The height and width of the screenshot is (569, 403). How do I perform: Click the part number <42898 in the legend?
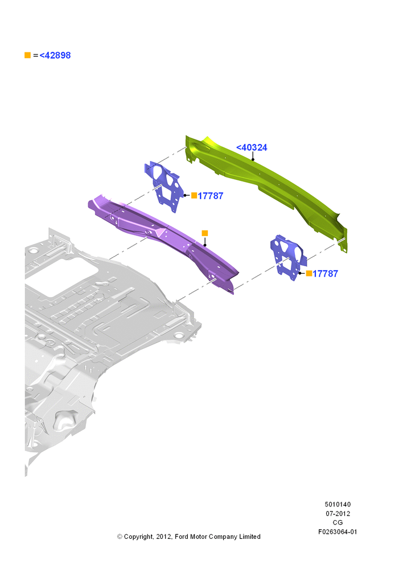pyautogui.click(x=55, y=55)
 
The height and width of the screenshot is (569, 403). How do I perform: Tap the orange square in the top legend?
pyautogui.click(x=27, y=55)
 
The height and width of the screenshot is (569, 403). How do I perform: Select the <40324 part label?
pyautogui.click(x=252, y=147)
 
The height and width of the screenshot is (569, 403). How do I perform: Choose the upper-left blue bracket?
pyautogui.click(x=165, y=187)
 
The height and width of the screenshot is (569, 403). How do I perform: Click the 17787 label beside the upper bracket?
pyautogui.click(x=211, y=196)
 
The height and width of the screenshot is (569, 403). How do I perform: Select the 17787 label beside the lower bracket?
pyautogui.click(x=326, y=274)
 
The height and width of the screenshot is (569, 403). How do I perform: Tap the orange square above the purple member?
pyautogui.click(x=205, y=233)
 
